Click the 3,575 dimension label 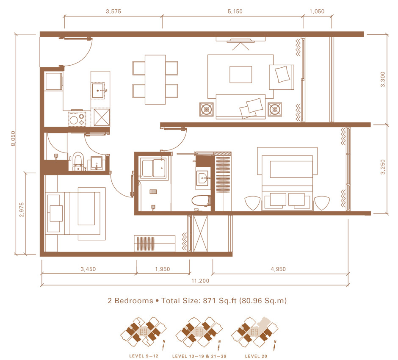click(x=113, y=11)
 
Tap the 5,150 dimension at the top click(x=235, y=11)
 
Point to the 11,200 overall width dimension click(x=200, y=280)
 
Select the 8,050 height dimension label click(x=13, y=138)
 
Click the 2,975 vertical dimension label click(x=22, y=210)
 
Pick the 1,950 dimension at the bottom click(x=163, y=269)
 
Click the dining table click(x=155, y=80)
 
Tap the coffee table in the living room click(x=240, y=75)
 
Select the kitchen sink click(x=98, y=90)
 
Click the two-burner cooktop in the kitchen click(x=77, y=119)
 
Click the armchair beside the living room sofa click(x=282, y=77)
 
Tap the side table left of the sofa click(x=206, y=110)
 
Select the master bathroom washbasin click(x=203, y=178)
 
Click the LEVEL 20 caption click(x=256, y=356)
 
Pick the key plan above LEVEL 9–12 click(x=144, y=332)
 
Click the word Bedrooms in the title click(x=134, y=301)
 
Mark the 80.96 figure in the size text click(x=252, y=301)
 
